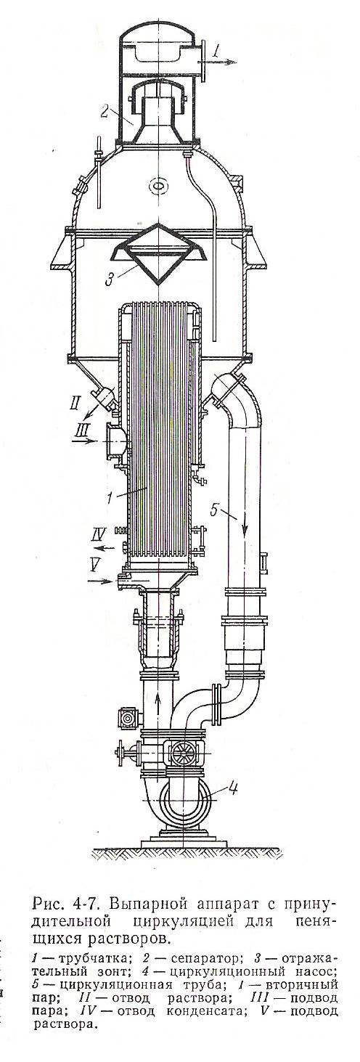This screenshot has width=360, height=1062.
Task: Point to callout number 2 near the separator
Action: [105, 112]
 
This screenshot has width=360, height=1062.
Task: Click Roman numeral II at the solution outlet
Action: [76, 404]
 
